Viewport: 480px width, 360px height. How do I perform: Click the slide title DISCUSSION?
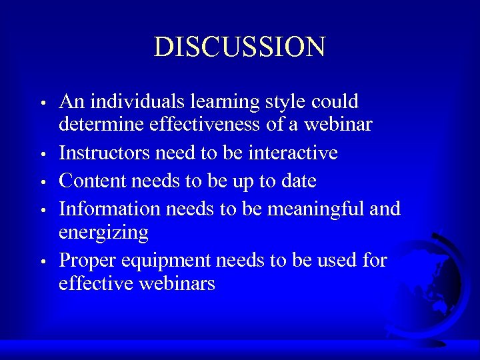(x=239, y=47)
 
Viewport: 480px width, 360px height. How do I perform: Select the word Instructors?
(x=105, y=153)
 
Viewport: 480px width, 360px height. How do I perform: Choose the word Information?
(x=110, y=209)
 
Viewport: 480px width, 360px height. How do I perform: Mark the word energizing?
(x=103, y=233)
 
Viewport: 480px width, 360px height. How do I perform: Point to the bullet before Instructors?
(x=42, y=155)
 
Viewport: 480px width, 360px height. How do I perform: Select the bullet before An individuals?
(x=42, y=104)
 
